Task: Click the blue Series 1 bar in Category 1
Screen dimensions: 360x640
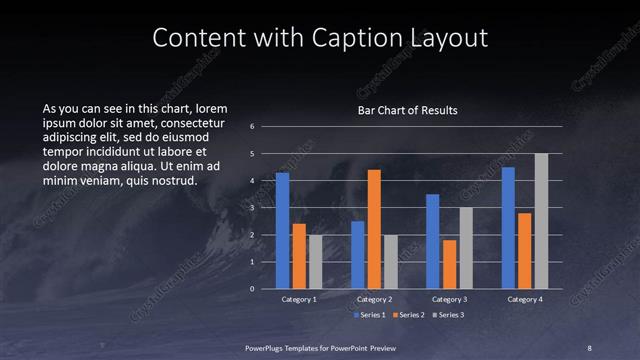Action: click(x=282, y=231)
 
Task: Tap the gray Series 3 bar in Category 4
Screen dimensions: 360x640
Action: click(x=541, y=221)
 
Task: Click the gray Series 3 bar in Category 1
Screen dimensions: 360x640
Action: click(x=316, y=262)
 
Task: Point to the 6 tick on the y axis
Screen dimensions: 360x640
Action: click(x=253, y=127)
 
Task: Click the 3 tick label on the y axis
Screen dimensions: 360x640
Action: click(x=253, y=208)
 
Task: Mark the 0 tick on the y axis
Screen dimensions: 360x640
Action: click(x=253, y=289)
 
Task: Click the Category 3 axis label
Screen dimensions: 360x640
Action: click(x=449, y=299)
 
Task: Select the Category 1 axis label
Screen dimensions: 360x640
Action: click(x=299, y=299)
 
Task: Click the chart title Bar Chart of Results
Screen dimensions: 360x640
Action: click(x=408, y=110)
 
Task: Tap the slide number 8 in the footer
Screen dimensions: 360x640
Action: click(x=589, y=346)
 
